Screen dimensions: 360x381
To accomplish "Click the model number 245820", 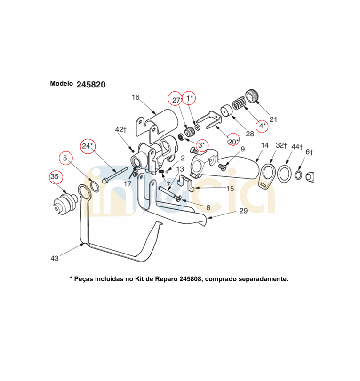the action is click(x=91, y=85).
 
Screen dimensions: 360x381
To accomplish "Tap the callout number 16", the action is click(x=136, y=97).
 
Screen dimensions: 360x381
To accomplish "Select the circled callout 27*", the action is click(x=175, y=99).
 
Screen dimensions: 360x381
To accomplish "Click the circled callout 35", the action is click(x=56, y=177).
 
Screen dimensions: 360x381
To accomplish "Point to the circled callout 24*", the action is click(x=88, y=146).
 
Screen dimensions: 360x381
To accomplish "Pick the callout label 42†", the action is click(x=121, y=130).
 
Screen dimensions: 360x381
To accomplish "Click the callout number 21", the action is click(x=273, y=119).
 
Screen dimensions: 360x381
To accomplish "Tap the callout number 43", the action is click(x=55, y=258).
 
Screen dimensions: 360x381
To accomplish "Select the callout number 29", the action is click(x=244, y=211).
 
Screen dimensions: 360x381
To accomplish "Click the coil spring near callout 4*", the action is click(x=239, y=103).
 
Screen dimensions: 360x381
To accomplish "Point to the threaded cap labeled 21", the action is click(x=253, y=96).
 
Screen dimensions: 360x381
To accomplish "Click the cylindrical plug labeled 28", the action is click(x=226, y=111).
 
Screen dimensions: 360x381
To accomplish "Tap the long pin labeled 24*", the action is click(x=115, y=175).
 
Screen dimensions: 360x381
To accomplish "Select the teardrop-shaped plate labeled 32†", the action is click(x=267, y=176).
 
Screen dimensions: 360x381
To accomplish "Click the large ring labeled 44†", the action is click(x=284, y=174).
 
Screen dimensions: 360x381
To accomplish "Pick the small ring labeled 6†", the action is click(x=298, y=175).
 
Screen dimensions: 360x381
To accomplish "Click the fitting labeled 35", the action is click(x=64, y=203).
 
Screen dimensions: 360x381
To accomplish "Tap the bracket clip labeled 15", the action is click(x=186, y=183).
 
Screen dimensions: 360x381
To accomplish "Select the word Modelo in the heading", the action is click(x=62, y=84).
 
